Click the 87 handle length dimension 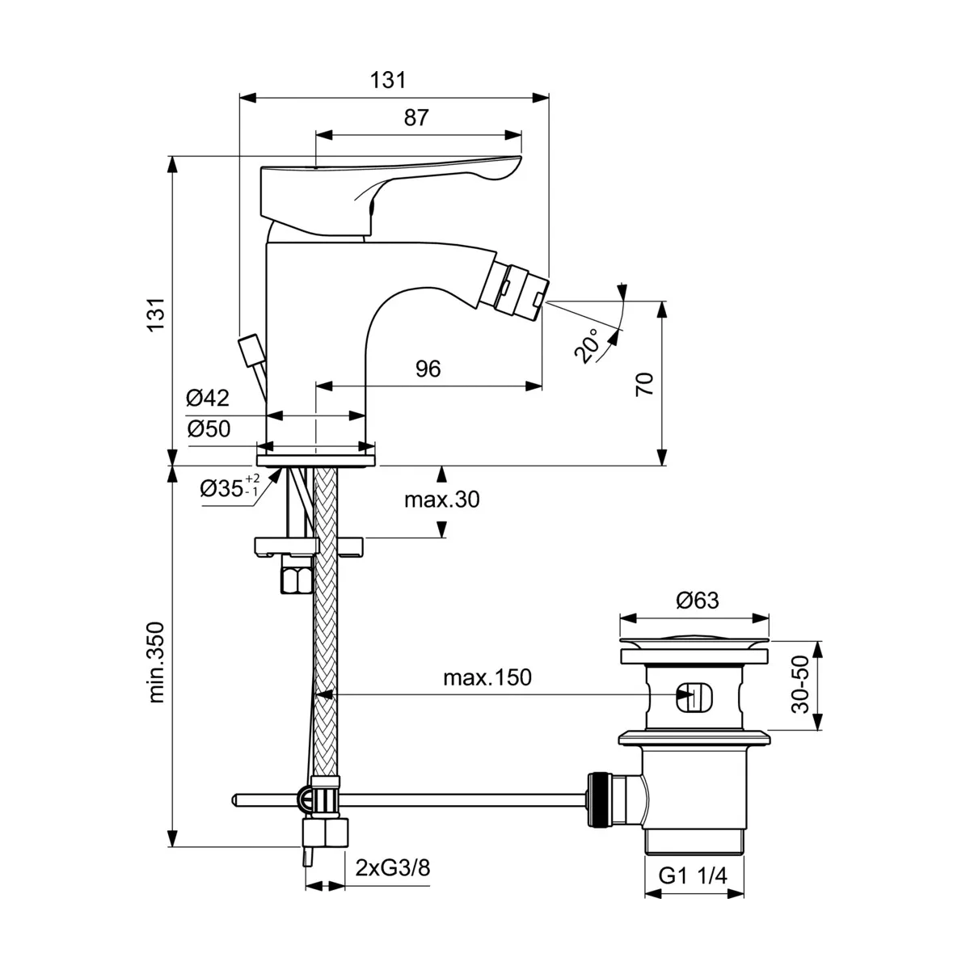(415, 117)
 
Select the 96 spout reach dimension (428, 369)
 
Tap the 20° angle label (589, 345)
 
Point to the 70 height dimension (644, 383)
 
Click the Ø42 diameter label (208, 398)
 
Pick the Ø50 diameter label (208, 428)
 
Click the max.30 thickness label (441, 500)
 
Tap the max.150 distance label (487, 677)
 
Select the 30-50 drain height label (800, 684)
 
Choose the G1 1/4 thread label (694, 875)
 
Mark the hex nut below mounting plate (296, 578)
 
